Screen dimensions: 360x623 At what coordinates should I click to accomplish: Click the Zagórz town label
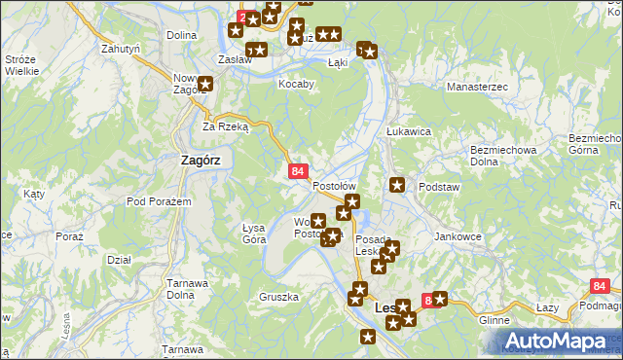(x=201, y=162)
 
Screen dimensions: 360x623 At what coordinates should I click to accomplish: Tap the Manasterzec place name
(x=477, y=88)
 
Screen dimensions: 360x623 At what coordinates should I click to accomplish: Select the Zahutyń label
(x=122, y=47)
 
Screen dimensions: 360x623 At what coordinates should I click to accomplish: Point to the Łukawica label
(x=408, y=131)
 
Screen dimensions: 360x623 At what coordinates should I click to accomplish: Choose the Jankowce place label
(x=458, y=236)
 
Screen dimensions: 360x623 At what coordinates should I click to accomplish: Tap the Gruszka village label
(x=278, y=296)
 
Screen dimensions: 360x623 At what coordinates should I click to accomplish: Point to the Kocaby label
(x=297, y=84)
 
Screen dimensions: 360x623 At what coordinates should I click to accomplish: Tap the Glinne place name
(x=495, y=319)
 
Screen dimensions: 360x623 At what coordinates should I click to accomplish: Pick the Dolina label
(x=181, y=35)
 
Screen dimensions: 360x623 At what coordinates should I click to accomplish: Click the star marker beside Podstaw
(x=397, y=185)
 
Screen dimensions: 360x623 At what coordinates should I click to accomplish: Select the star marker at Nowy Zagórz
(x=206, y=84)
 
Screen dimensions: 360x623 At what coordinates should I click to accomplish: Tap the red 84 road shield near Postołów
(x=299, y=171)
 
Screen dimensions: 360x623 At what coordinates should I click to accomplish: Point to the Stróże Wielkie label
(x=21, y=65)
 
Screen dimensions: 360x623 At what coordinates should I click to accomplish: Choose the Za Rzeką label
(x=226, y=126)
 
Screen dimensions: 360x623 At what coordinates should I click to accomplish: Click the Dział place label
(x=119, y=260)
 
